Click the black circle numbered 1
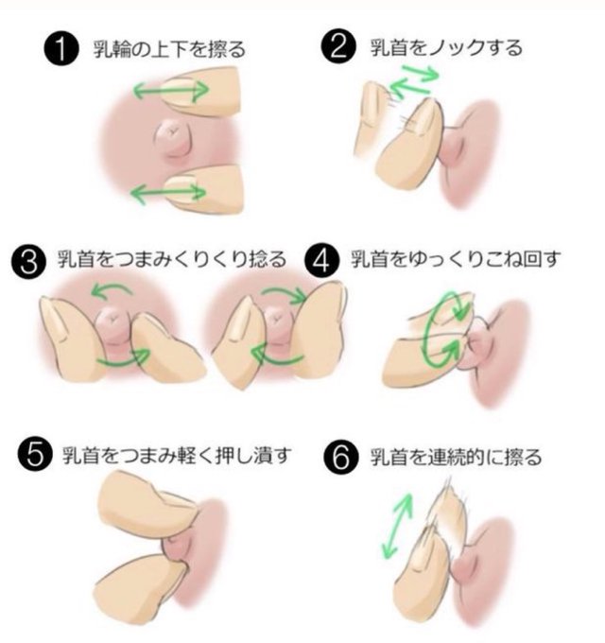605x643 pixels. click(60, 48)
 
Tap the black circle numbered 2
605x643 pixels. click(337, 46)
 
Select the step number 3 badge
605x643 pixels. click(28, 261)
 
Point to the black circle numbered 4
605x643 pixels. click(321, 260)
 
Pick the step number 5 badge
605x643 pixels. click(35, 455)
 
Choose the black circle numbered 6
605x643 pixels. click(341, 458)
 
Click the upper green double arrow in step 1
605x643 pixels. click(171, 90)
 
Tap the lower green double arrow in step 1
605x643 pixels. click(168, 193)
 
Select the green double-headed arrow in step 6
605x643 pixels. click(397, 526)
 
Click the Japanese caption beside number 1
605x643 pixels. click(169, 49)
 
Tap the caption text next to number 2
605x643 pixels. click(446, 47)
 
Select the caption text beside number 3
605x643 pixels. click(172, 260)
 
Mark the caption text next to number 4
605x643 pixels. click(456, 259)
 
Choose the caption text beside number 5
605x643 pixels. click(177, 456)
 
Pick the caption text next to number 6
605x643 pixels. click(456, 458)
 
